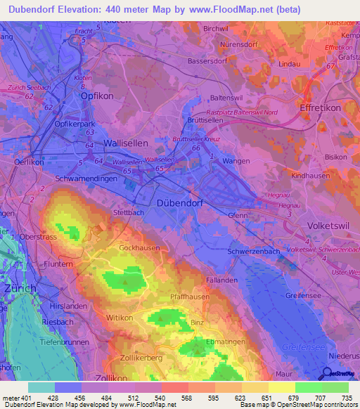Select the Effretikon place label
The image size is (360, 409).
click(320, 109)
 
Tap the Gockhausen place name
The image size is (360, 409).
click(140, 248)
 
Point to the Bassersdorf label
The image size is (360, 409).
click(210, 61)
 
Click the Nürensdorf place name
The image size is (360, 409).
click(225, 42)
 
